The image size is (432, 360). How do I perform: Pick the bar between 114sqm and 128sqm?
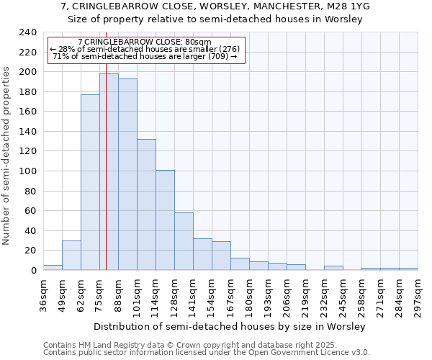click(x=165, y=220)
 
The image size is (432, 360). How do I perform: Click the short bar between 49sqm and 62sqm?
click(x=71, y=255)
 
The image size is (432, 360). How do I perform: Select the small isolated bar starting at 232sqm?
click(x=333, y=268)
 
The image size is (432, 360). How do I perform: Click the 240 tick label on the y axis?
click(x=27, y=32)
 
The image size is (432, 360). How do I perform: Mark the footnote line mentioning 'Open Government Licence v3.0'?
click(x=207, y=352)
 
